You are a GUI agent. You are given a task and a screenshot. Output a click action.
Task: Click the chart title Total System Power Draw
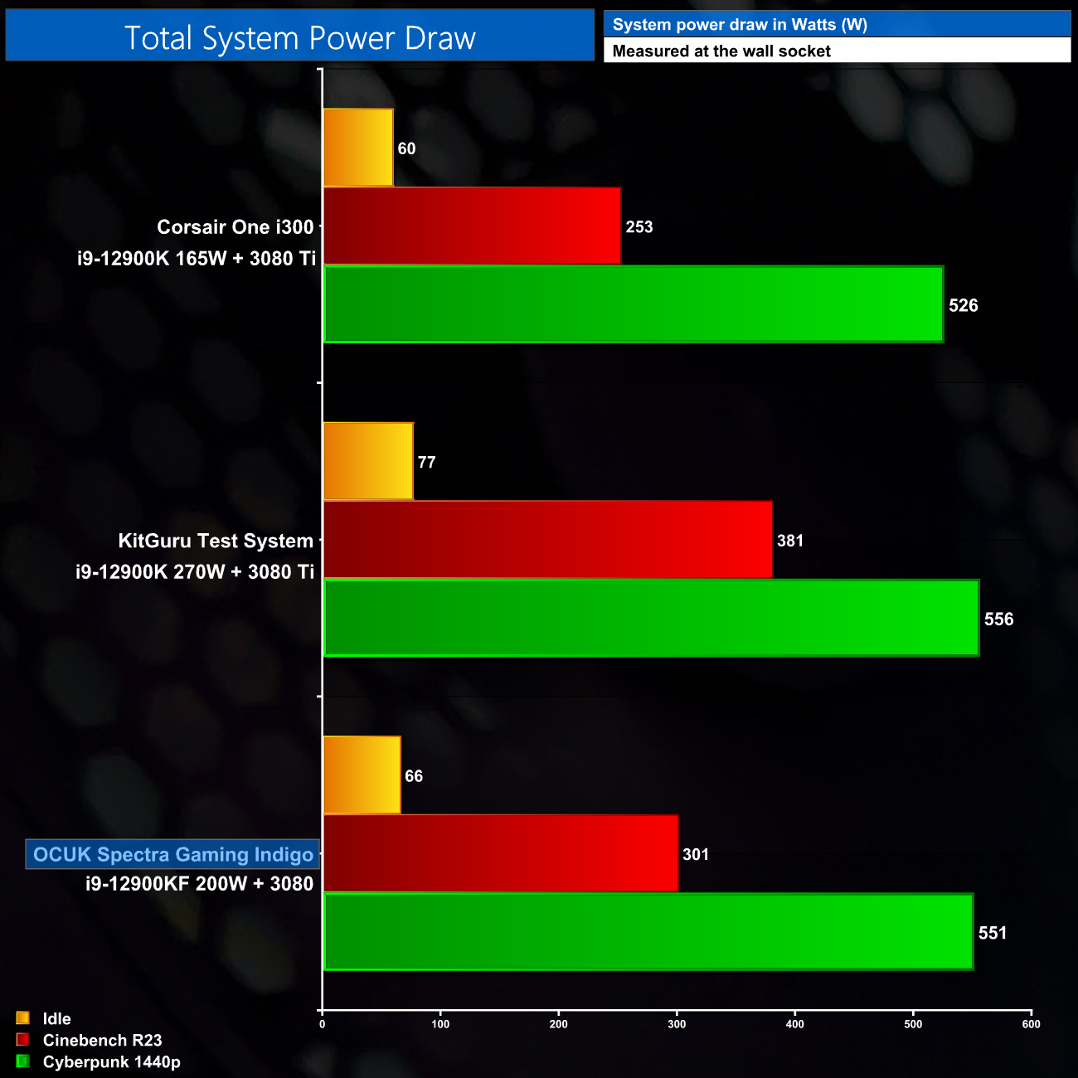tap(299, 38)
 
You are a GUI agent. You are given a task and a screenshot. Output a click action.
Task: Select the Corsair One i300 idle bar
tap(357, 148)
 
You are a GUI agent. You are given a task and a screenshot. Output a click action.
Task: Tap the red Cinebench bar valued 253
tap(471, 226)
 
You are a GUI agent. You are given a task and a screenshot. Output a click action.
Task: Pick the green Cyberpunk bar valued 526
tap(633, 304)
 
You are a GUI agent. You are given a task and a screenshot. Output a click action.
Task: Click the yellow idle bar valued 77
tap(367, 461)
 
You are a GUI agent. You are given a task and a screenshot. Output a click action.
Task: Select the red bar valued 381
tap(547, 540)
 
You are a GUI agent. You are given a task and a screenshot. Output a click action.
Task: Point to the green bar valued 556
tap(651, 618)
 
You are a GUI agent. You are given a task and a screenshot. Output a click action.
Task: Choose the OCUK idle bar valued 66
tap(362, 775)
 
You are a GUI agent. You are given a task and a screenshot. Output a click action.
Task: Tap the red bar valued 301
tap(500, 853)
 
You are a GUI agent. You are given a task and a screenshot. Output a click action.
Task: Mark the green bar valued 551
tap(648, 931)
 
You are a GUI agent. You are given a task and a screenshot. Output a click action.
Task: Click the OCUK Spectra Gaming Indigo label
tap(173, 855)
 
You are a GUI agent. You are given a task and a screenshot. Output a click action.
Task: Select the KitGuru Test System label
tap(216, 541)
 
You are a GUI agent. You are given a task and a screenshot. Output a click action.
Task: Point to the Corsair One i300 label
tap(236, 227)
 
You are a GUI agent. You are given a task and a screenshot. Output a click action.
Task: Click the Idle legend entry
tap(56, 1018)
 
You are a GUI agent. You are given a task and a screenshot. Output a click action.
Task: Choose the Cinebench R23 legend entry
tap(102, 1040)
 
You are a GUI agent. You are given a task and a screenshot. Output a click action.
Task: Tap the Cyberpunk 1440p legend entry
tap(111, 1061)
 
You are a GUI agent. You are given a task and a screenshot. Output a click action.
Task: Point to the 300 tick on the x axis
tap(677, 1024)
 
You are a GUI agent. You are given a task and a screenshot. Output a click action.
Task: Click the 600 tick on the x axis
tap(1031, 1024)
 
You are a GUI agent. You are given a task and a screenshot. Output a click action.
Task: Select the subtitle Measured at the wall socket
tap(721, 51)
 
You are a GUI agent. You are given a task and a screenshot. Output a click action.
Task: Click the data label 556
tap(998, 619)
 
